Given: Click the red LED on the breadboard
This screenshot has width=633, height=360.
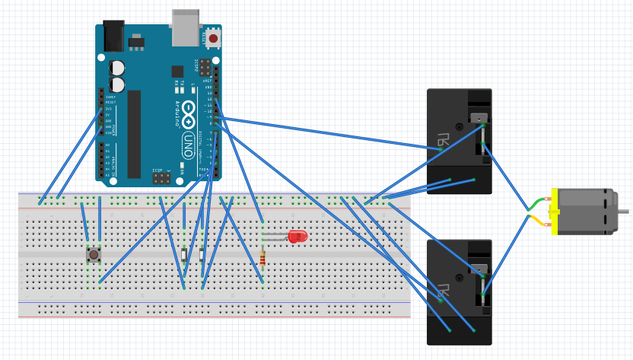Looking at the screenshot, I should coord(297,237).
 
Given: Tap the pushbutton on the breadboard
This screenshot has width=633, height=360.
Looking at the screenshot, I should coord(94,254).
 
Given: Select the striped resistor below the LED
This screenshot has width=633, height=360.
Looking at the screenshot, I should coord(262,259).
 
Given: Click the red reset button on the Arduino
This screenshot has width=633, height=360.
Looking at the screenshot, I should coord(213,38).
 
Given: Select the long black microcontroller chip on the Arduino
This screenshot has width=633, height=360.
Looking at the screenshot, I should coord(134,133).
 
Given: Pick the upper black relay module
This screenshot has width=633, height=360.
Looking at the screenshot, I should coord(459,141).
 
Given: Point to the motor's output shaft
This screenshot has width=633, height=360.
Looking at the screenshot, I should coord(622,211).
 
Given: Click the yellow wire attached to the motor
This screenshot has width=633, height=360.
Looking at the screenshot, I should coord(538,220).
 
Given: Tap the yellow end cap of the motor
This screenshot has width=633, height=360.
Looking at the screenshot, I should coord(555,211).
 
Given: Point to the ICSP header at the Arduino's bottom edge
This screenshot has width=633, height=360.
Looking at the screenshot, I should coord(161,178).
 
